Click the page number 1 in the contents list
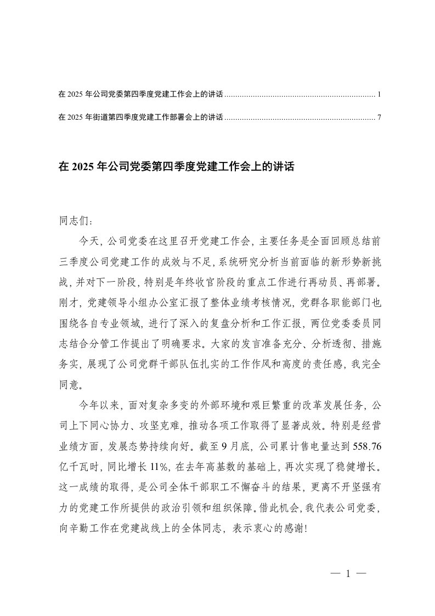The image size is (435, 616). point(380,95)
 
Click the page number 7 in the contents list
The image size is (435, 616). point(380,117)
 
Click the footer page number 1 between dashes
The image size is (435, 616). point(348,574)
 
